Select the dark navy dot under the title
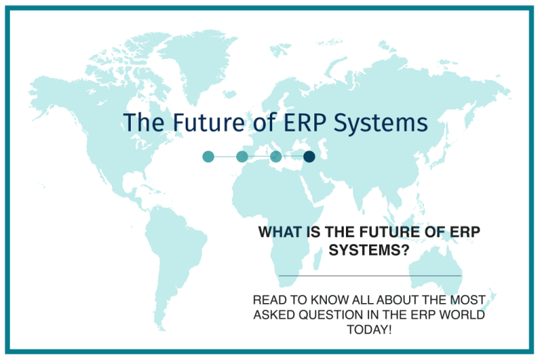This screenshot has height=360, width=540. [309, 156]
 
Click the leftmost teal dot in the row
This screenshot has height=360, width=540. [207, 156]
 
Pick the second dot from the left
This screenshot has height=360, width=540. [242, 156]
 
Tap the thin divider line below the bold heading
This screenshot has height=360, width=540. [370, 275]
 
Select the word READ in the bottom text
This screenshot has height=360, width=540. [270, 300]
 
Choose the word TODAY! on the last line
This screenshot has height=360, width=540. [370, 329]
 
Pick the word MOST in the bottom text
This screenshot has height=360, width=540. [470, 300]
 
